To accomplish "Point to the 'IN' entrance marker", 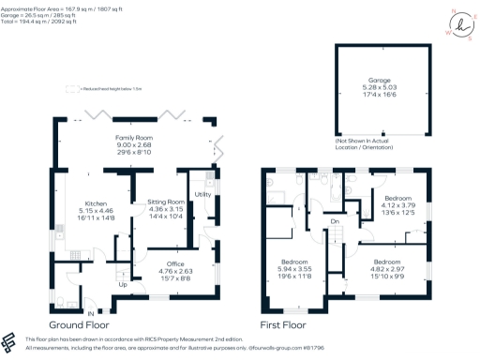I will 91,312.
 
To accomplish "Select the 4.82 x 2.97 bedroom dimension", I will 386,269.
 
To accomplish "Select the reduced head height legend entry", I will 102,89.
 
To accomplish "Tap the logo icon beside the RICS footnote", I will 10,340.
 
